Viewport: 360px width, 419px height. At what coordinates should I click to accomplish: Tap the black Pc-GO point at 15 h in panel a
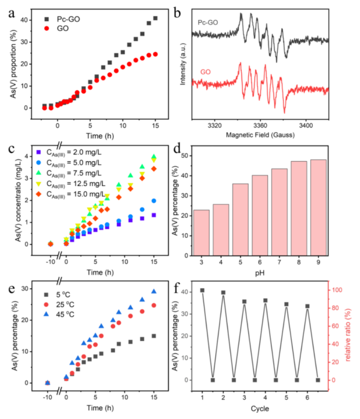[x=155, y=18]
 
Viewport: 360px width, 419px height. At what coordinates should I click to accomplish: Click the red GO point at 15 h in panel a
[x=155, y=54]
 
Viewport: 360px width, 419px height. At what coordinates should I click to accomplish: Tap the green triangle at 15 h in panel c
[x=154, y=157]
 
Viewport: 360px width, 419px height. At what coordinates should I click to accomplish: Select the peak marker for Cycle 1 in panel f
[x=202, y=290]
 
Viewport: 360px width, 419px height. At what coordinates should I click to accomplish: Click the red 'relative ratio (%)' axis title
[x=348, y=334]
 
